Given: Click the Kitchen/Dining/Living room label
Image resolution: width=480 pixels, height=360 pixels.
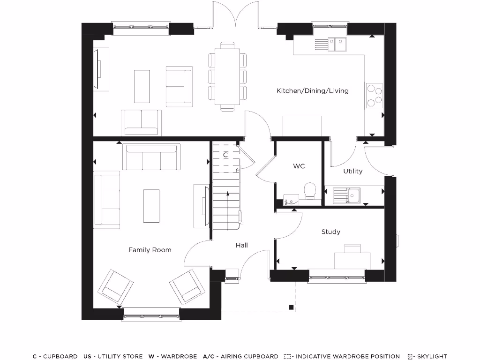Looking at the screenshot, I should (312, 90).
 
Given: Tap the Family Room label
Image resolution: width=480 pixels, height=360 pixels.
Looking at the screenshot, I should (150, 250).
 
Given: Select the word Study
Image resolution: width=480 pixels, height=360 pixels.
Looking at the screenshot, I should (331, 232).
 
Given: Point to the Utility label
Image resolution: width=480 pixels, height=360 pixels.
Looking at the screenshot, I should (352, 171).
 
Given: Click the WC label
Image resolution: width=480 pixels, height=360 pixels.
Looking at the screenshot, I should (299, 166).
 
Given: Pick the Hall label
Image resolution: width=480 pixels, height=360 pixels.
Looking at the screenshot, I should (242, 245).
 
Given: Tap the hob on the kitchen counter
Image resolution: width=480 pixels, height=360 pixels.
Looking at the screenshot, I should (374, 96).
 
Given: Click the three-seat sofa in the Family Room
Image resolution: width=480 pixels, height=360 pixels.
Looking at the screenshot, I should (150, 157).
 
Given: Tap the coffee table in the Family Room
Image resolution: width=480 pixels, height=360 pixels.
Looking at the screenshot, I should (151, 206).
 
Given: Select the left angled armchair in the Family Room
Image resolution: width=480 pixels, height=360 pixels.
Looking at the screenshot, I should (115, 286).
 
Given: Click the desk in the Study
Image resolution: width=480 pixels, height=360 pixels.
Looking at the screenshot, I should (352, 259).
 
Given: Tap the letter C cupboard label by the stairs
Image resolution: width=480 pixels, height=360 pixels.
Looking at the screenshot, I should (225, 154).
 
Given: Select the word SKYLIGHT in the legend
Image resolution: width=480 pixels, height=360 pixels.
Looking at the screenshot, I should (431, 356).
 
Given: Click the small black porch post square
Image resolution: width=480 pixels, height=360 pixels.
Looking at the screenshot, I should (291, 307).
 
